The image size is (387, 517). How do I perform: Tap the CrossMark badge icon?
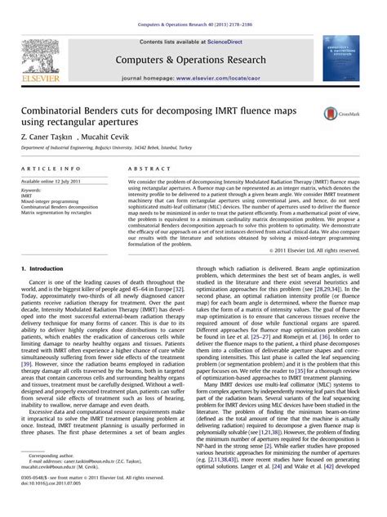(x=333, y=114)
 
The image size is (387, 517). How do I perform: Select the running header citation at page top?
(x=193, y=7)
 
